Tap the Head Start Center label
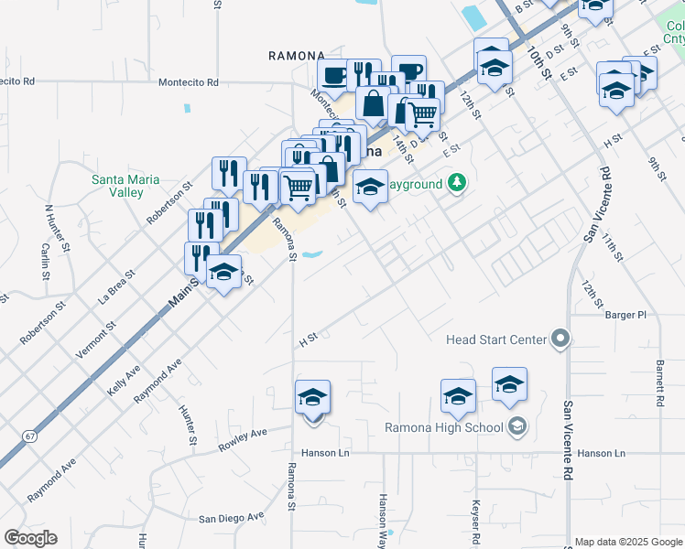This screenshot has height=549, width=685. click(x=495, y=340)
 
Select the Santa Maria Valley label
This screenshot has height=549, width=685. click(x=125, y=186)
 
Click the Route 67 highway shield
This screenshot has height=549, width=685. click(x=32, y=436)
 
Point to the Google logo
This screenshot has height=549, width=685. click(x=30, y=538)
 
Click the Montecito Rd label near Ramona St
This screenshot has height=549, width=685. click(x=189, y=82)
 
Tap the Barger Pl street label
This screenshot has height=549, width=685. click(x=625, y=315)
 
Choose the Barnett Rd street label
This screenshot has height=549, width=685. click(x=658, y=382)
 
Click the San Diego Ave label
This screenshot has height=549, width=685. click(x=232, y=519)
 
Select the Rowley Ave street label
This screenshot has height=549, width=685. click(x=242, y=439)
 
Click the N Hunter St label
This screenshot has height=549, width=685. click(x=58, y=227)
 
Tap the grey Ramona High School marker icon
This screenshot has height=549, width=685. click(x=517, y=427)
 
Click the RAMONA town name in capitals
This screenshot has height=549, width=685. click(x=297, y=56)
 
